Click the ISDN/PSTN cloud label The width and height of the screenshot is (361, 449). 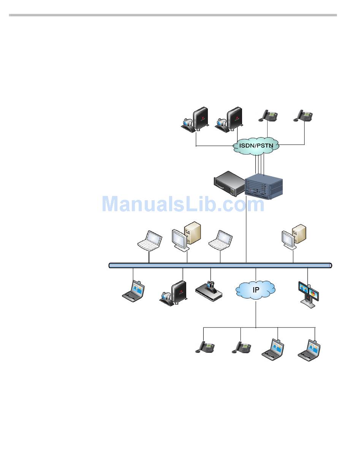[x=256, y=145]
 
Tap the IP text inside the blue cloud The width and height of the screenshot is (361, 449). [x=256, y=290]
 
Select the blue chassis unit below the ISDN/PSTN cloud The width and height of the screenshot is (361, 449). [x=264, y=186]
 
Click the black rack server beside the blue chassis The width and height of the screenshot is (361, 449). [x=229, y=183]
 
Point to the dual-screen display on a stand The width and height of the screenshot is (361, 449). [x=308, y=295]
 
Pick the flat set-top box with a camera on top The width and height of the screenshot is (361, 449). [x=209, y=291]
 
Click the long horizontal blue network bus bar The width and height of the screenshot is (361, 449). [x=220, y=266]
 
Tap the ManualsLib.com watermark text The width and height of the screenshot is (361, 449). [x=183, y=204]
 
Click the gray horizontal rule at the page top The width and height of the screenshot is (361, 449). [x=173, y=15]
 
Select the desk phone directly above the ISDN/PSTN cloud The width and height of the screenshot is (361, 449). [x=268, y=116]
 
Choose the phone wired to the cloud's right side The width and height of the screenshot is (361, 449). [x=303, y=116]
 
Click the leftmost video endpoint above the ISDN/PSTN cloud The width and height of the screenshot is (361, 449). [x=195, y=119]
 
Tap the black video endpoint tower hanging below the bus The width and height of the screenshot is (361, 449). [x=173, y=293]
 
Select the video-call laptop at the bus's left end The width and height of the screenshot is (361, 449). [x=133, y=291]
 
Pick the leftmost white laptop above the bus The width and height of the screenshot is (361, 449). [x=150, y=241]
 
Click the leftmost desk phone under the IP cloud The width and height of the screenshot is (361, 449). [x=205, y=347]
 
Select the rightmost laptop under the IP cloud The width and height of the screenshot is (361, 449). [x=309, y=351]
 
